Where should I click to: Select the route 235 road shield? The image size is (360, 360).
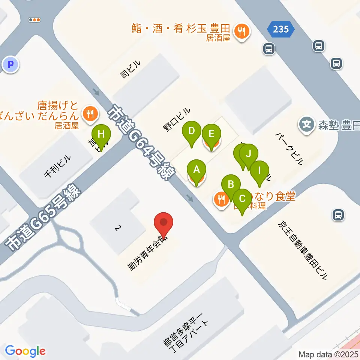(281, 29)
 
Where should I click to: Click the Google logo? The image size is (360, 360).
(25, 351)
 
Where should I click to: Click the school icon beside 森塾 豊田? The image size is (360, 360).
(307, 123)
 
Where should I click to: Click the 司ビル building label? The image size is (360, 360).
(130, 70)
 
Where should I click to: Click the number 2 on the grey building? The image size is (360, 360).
(118, 228)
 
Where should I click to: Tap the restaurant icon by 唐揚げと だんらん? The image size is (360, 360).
(90, 112)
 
